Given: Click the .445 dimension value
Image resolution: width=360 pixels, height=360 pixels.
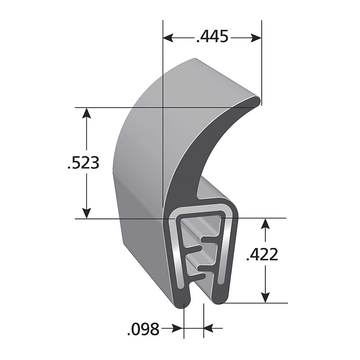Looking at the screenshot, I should (212, 37).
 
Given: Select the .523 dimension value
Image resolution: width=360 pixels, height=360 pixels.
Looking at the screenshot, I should (83, 163).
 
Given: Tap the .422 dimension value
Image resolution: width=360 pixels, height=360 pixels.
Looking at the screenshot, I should (262, 255).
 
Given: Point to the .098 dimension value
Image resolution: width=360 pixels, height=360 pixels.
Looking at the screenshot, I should (143, 329).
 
